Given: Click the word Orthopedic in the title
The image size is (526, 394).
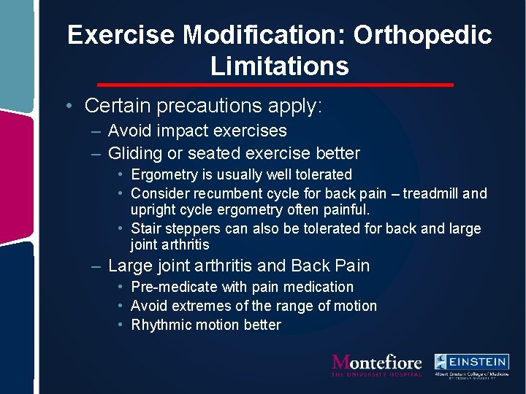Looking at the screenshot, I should click(x=424, y=35).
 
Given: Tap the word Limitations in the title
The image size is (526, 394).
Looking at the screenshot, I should click(x=280, y=66).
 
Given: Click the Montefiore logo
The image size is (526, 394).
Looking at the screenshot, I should click(x=377, y=363).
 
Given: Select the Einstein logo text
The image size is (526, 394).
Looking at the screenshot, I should click(x=479, y=362).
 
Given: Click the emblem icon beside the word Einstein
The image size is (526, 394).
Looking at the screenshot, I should click(x=442, y=362).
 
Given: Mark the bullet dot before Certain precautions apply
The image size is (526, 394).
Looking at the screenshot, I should click(x=66, y=106).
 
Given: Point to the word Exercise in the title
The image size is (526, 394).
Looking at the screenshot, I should click(x=121, y=35).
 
